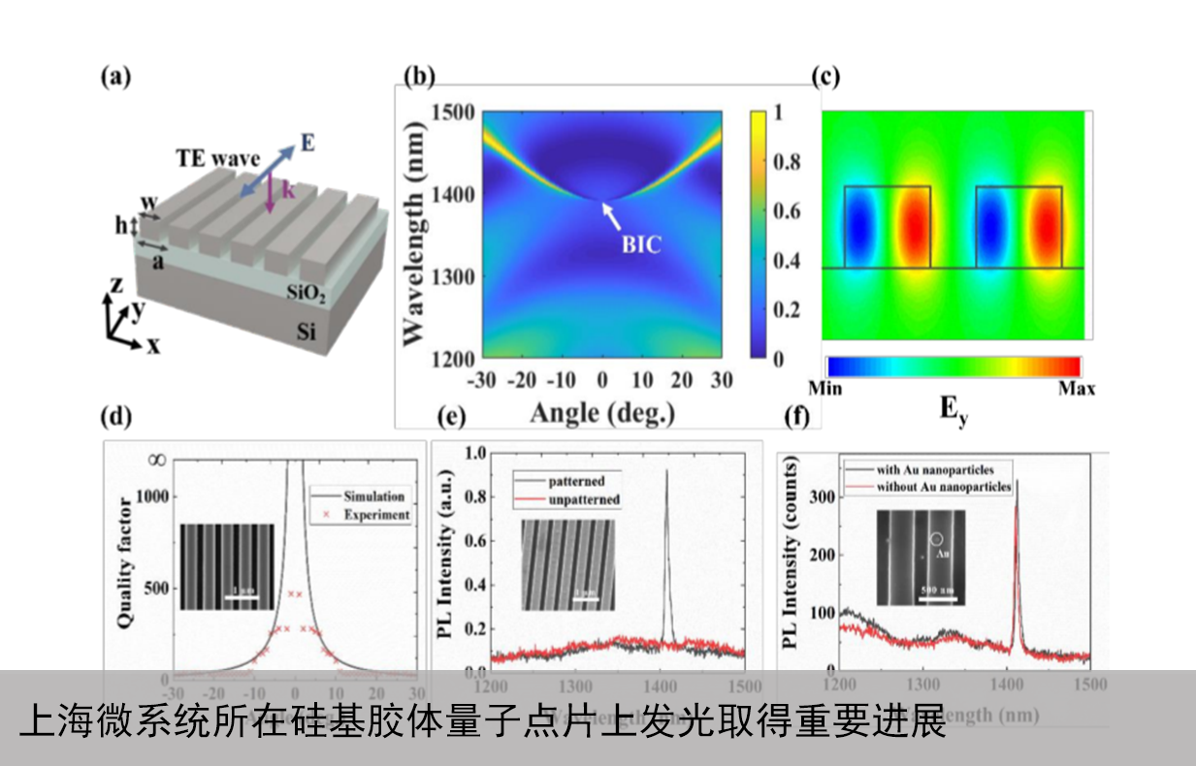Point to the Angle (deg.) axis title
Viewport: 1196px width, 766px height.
point(601,413)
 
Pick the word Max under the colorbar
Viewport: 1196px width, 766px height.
point(1077,389)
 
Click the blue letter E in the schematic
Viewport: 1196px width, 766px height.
point(307,144)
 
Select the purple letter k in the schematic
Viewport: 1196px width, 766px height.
point(288,189)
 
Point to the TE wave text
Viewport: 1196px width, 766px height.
point(217,158)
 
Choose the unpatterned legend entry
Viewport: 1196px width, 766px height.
point(585,499)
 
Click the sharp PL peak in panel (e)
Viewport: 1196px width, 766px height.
point(666,473)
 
